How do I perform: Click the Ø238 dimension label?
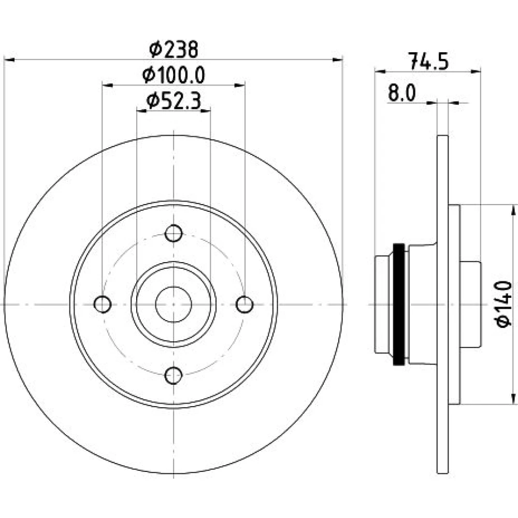tap(174, 50)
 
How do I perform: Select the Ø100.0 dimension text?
tap(174, 75)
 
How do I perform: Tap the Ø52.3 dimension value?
tap(174, 101)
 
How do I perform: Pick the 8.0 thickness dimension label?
tap(402, 93)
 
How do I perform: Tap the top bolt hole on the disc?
tap(174, 233)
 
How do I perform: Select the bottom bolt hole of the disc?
tap(174, 375)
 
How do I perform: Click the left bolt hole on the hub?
tap(103, 304)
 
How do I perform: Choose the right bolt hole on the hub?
tap(244, 304)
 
